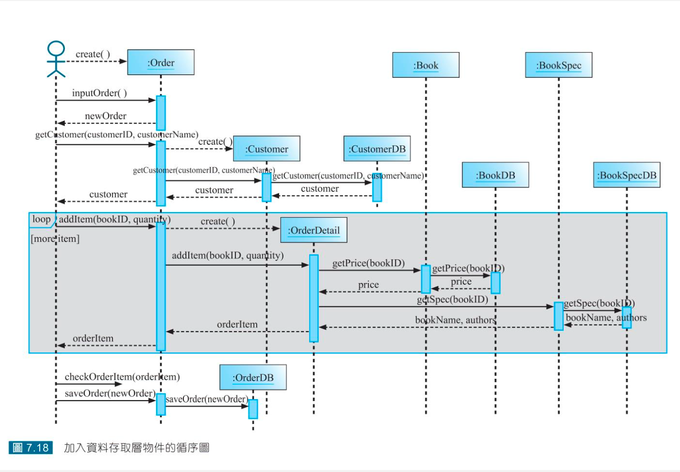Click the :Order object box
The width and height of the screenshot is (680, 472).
(161, 62)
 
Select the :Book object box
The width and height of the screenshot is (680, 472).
(426, 65)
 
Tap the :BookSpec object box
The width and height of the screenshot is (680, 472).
(559, 65)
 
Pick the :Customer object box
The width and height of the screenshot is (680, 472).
(267, 149)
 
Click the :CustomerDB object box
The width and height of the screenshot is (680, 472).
(377, 149)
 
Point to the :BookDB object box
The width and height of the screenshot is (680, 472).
(495, 175)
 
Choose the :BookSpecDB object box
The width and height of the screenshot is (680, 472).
(626, 175)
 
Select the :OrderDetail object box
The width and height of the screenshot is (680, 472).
(314, 230)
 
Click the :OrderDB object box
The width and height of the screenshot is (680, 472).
(253, 378)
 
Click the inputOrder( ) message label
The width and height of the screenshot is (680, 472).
(99, 93)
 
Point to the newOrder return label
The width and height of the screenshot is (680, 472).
(106, 116)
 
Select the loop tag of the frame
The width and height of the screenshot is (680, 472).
(42, 219)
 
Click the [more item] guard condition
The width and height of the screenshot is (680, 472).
(55, 239)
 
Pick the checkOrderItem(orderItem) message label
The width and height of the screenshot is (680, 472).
(122, 377)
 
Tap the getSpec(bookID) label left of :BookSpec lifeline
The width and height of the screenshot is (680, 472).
(452, 299)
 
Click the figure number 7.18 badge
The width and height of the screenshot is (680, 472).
(31, 448)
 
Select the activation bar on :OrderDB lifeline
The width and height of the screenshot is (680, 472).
(253, 409)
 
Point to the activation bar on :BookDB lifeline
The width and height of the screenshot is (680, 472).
(495, 283)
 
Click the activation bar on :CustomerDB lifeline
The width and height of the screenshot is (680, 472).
(377, 187)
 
